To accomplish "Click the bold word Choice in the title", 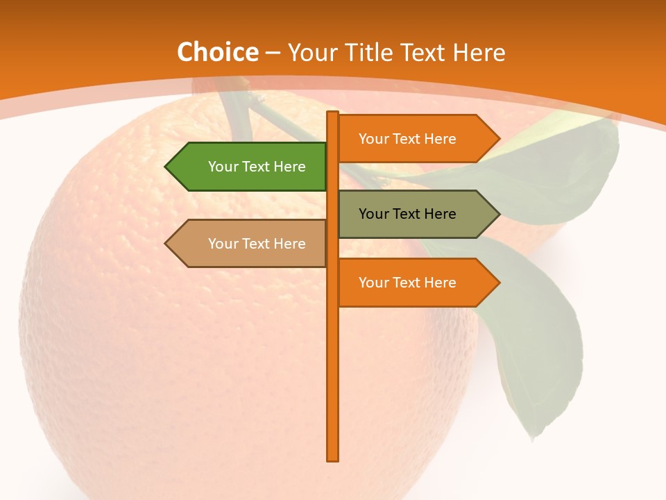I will point(217,53).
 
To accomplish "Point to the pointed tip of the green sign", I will point(166,167).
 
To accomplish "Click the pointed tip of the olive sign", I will point(498,214).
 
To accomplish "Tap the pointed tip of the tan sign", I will point(166,244).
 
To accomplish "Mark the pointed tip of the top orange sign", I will point(498,139).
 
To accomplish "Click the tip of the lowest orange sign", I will point(498,283).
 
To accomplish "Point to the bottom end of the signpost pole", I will point(333,458).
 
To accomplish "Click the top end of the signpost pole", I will point(333,113).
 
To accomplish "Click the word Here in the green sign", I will point(289,167).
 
